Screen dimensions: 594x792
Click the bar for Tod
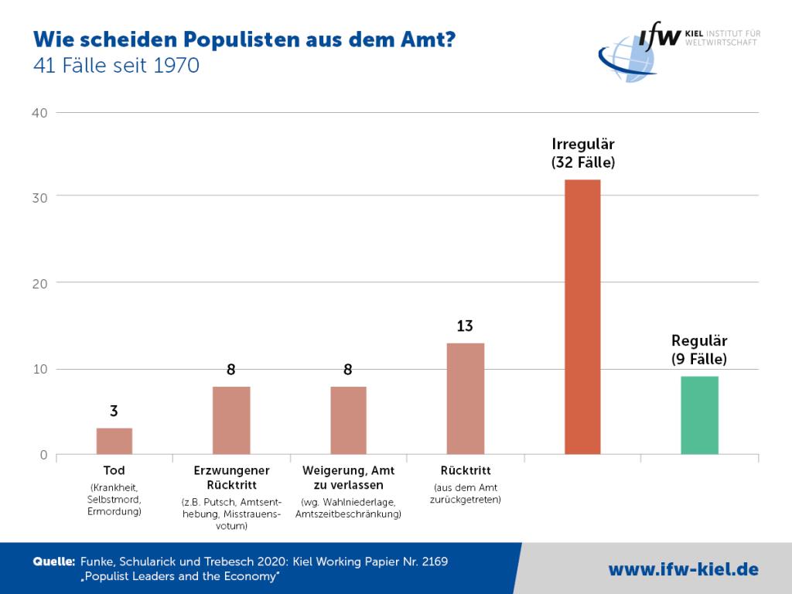[x=114, y=441]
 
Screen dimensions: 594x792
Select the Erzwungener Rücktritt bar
[x=231, y=420]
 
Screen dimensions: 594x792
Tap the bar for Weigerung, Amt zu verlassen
[x=348, y=420]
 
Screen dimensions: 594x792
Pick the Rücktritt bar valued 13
[x=465, y=398]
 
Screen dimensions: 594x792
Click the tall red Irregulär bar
[x=582, y=316]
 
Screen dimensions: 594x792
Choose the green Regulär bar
[x=699, y=415]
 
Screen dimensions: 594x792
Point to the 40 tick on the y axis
[x=39, y=113]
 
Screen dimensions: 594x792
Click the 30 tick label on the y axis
[x=39, y=197]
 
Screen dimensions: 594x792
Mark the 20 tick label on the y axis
[x=39, y=283]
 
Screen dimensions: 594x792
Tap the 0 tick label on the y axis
[x=43, y=455]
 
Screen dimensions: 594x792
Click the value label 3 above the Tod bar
[x=114, y=411]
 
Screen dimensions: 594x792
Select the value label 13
[x=465, y=326]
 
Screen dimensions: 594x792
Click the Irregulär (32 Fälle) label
[x=582, y=153]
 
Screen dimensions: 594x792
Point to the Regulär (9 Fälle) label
[x=699, y=349]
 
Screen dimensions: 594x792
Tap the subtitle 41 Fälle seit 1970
[x=116, y=67]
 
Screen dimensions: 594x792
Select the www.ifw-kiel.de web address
[x=683, y=570]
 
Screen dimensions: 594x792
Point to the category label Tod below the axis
[x=114, y=470]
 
